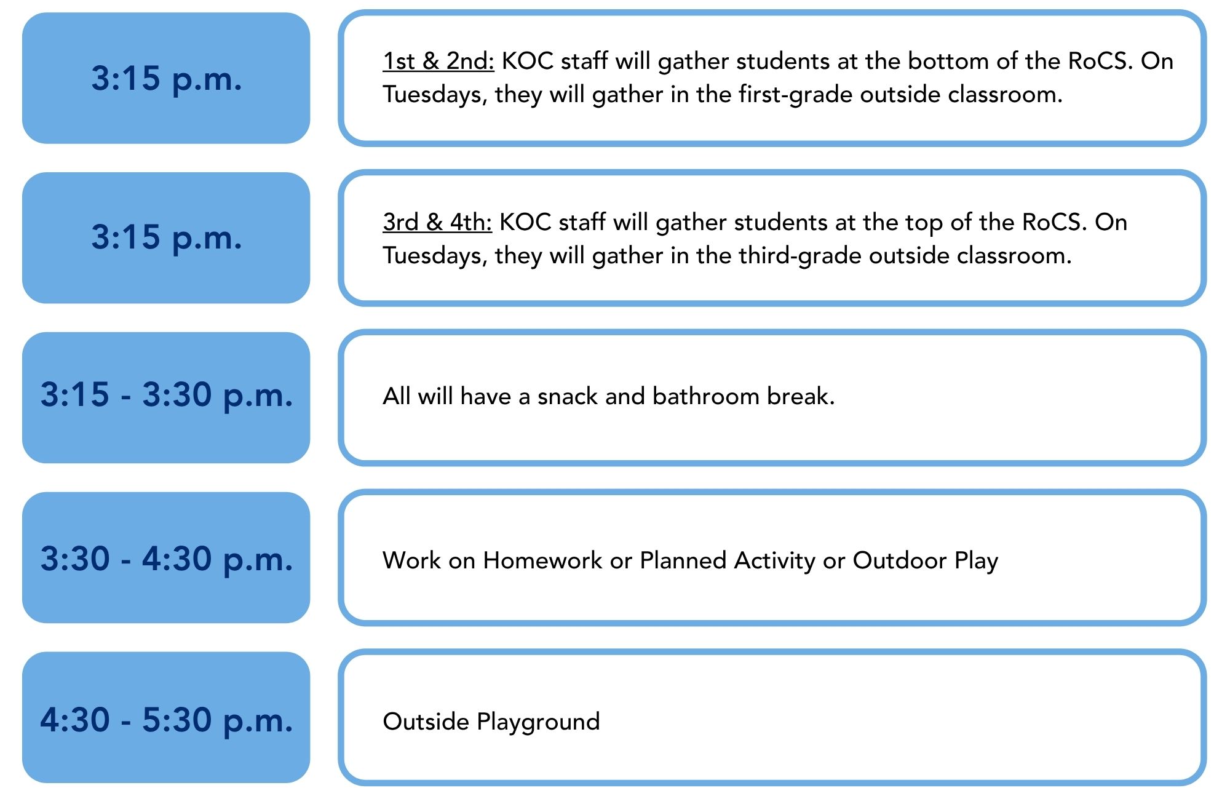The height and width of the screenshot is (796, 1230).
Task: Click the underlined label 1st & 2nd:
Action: click(438, 61)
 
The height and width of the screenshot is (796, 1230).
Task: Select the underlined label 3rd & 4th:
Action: click(437, 222)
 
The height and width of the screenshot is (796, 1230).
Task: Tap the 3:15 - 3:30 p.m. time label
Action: click(167, 394)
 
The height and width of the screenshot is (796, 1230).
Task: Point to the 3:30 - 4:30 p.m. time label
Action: click(167, 559)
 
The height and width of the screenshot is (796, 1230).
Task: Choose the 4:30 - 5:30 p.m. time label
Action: click(167, 720)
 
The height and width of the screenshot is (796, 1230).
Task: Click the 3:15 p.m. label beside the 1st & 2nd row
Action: click(167, 79)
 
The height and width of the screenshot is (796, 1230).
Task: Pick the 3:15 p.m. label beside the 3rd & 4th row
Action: click(167, 237)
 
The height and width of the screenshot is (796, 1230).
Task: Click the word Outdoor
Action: click(900, 560)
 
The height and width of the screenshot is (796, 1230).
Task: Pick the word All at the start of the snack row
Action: click(397, 396)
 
